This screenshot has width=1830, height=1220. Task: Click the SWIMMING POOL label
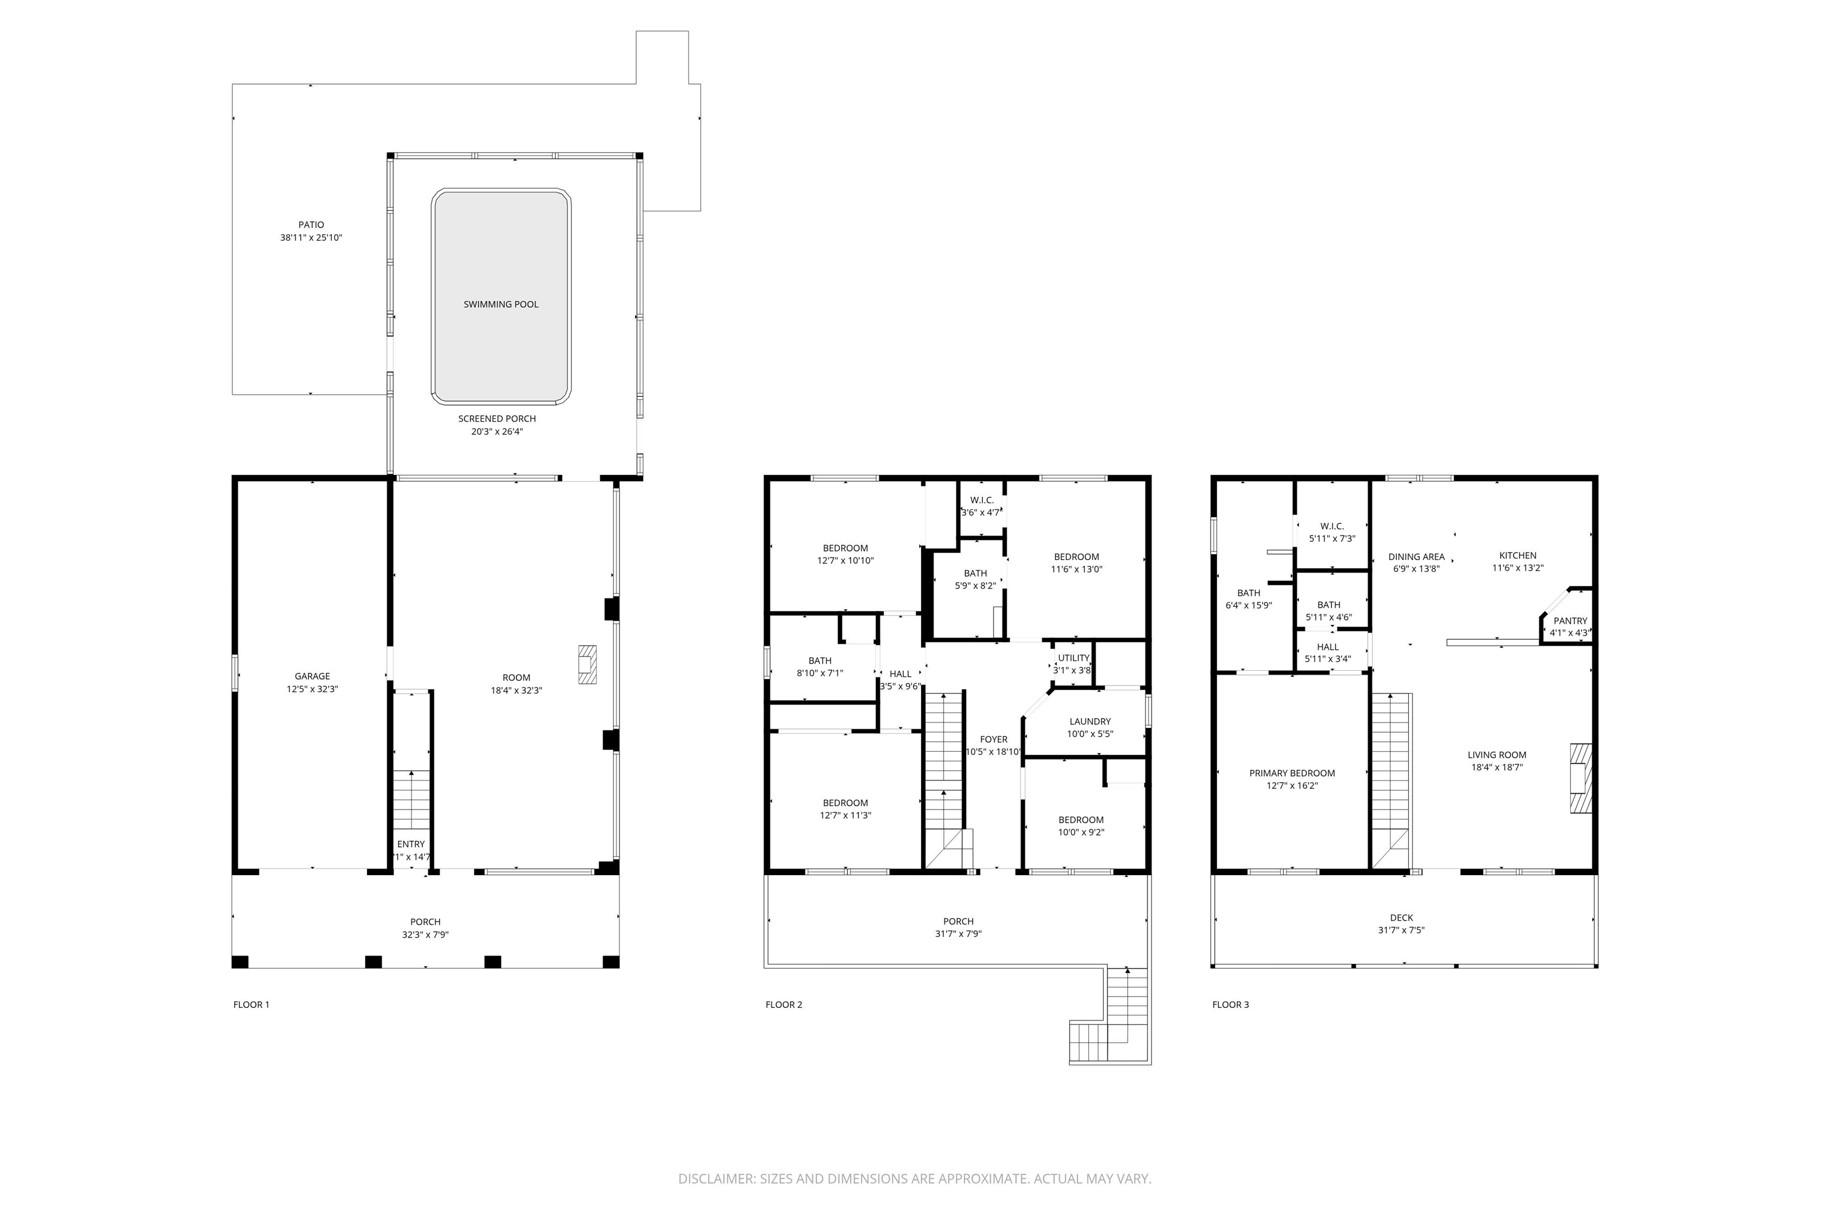500,304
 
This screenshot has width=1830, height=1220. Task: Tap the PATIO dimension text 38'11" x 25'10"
310,238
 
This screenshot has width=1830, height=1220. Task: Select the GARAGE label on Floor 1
312,676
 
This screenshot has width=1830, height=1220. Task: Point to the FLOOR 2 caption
783,1004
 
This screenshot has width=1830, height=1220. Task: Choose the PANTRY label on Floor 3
1569,621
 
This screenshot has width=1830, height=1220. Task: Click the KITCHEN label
1517,556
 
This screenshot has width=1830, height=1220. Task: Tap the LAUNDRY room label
1090,721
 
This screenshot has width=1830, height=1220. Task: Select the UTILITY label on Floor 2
1073,658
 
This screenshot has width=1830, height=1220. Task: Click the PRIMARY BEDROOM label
1291,773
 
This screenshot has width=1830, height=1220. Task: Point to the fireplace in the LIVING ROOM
1579,779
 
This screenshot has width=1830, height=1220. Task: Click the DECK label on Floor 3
1400,918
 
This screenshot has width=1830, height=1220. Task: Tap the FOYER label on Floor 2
993,740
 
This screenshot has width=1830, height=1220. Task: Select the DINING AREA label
1416,557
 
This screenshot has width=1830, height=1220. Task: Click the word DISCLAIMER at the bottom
716,1179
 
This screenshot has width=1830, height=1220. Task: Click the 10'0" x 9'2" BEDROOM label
1081,820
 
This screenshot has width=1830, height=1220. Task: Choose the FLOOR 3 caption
1230,1004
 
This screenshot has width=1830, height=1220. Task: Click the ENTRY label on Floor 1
411,844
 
